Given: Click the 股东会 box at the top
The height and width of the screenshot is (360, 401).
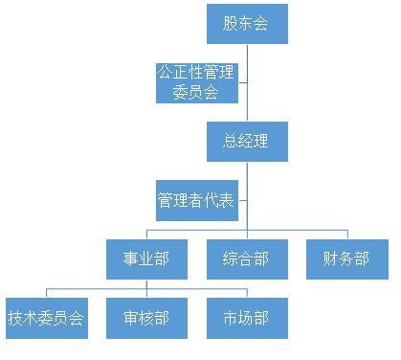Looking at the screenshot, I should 247,24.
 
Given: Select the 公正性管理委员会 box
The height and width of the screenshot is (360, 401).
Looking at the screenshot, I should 197,82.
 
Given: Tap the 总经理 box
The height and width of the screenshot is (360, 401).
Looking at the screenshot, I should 247,142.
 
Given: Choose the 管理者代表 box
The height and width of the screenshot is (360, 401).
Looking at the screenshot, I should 196,200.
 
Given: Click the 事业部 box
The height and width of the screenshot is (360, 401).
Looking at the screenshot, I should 146,259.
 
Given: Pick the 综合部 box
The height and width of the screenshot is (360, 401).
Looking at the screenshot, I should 247,259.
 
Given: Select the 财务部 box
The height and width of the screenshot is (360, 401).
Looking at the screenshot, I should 345,259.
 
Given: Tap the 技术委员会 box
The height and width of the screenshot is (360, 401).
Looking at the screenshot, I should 46,318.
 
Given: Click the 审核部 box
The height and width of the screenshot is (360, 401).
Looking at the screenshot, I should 146,318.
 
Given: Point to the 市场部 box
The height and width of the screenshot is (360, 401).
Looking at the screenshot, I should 247,318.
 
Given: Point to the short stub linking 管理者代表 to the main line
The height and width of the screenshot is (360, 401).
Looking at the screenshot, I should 240,200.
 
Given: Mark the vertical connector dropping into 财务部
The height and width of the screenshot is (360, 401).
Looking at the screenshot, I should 345,234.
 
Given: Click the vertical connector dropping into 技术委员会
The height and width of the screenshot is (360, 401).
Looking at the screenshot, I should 46,293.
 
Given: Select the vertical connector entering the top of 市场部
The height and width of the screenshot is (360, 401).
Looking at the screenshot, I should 247,293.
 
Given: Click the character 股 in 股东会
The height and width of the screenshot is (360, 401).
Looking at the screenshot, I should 231,24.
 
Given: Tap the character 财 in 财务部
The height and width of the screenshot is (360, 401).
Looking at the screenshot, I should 330,259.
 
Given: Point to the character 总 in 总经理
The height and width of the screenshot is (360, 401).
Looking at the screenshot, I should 230,142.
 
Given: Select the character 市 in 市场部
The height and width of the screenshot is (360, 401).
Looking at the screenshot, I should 231,318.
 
